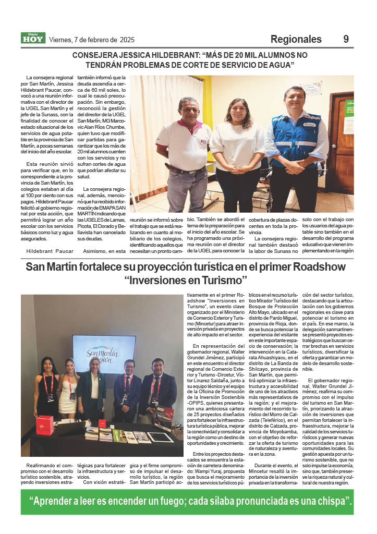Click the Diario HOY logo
click(33, 38)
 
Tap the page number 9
click(346, 39)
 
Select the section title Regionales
click(296, 39)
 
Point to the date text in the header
click(91, 40)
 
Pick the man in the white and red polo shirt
click(184, 151)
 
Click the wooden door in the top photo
click(342, 136)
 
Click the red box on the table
click(44, 424)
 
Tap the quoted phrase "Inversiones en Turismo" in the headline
click(186, 281)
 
